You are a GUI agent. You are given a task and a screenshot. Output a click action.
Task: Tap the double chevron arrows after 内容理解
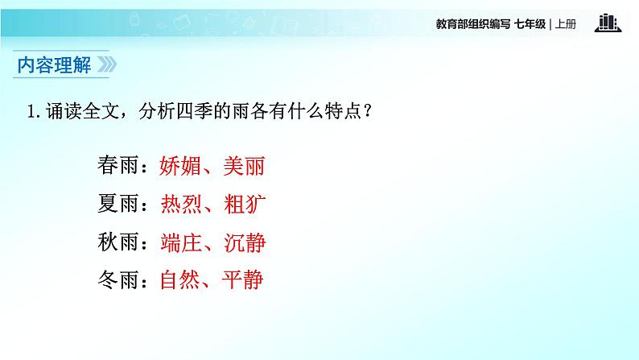point(108,64)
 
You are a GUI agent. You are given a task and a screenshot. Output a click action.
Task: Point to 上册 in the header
point(567,24)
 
